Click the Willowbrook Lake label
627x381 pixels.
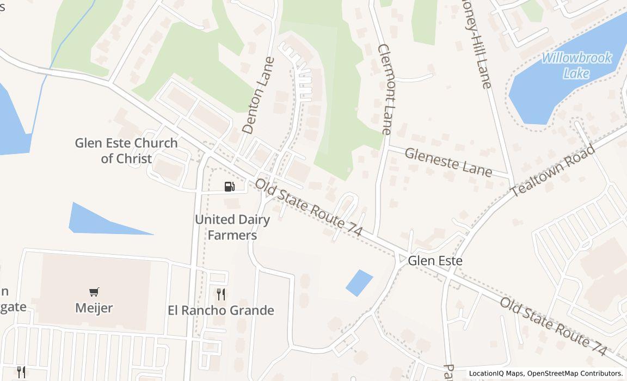tap(576, 65)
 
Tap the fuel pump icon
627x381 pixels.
tap(230, 187)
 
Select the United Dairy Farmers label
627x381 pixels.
tap(232, 227)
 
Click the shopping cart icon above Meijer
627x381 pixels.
tap(94, 292)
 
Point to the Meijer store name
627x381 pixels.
tap(94, 308)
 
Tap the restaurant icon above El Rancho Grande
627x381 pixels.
tap(221, 294)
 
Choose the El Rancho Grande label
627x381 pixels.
tap(221, 310)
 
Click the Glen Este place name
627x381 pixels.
tap(435, 261)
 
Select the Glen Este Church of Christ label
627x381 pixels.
tap(126, 150)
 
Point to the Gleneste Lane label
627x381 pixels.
tap(448, 162)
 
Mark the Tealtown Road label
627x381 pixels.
tap(553, 171)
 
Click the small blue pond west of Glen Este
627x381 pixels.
tap(359, 283)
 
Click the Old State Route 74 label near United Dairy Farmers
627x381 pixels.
tap(309, 207)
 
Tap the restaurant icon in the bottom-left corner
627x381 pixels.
tap(21, 372)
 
